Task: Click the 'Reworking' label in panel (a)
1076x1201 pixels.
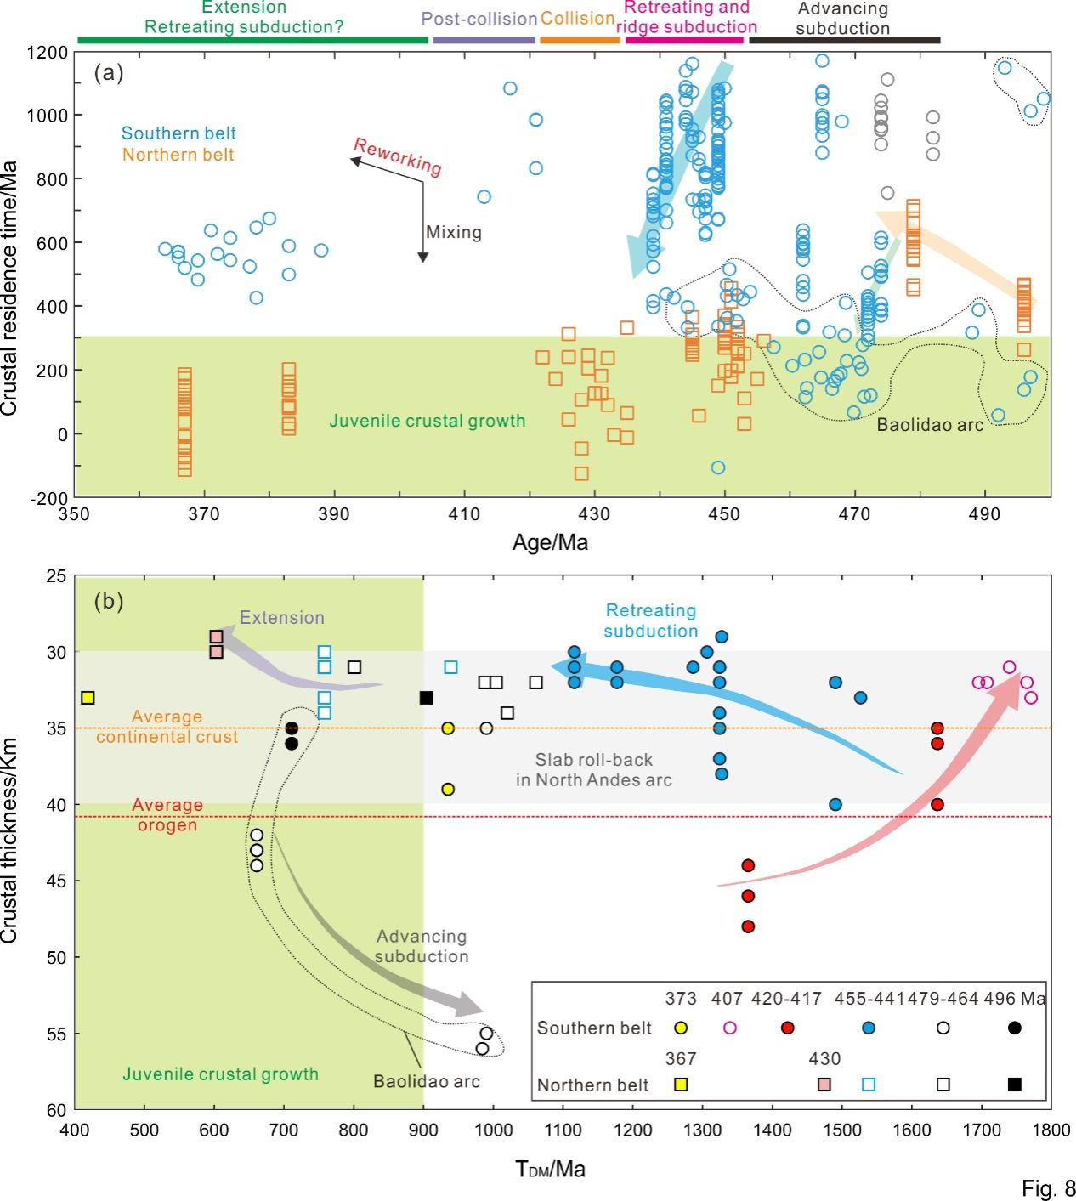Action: (398, 156)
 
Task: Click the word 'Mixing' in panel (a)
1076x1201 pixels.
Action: (454, 232)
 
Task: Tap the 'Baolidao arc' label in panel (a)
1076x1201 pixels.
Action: (930, 425)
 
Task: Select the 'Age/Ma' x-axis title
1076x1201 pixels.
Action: (550, 542)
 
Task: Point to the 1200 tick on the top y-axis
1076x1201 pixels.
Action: (48, 53)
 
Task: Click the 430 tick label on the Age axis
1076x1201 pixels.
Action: (594, 514)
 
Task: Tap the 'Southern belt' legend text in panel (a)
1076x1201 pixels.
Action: (178, 133)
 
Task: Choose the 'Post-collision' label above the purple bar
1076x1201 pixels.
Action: (479, 18)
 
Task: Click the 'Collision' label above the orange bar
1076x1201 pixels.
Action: (578, 18)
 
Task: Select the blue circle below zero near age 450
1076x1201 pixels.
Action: (718, 467)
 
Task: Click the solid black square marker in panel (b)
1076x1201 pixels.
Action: (427, 698)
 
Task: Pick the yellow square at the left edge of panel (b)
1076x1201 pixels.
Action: (87, 698)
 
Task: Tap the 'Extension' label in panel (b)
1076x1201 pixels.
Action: (282, 618)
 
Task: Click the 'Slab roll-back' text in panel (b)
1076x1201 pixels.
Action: (593, 760)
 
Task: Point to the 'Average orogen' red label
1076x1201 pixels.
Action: (167, 814)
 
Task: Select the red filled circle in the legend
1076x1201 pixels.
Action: (787, 1028)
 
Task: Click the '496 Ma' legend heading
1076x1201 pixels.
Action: (1015, 999)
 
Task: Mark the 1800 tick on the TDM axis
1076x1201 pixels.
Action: (1051, 1130)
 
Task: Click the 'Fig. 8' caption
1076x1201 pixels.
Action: (1049, 1188)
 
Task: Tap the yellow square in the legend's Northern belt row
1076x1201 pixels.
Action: (681, 1085)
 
